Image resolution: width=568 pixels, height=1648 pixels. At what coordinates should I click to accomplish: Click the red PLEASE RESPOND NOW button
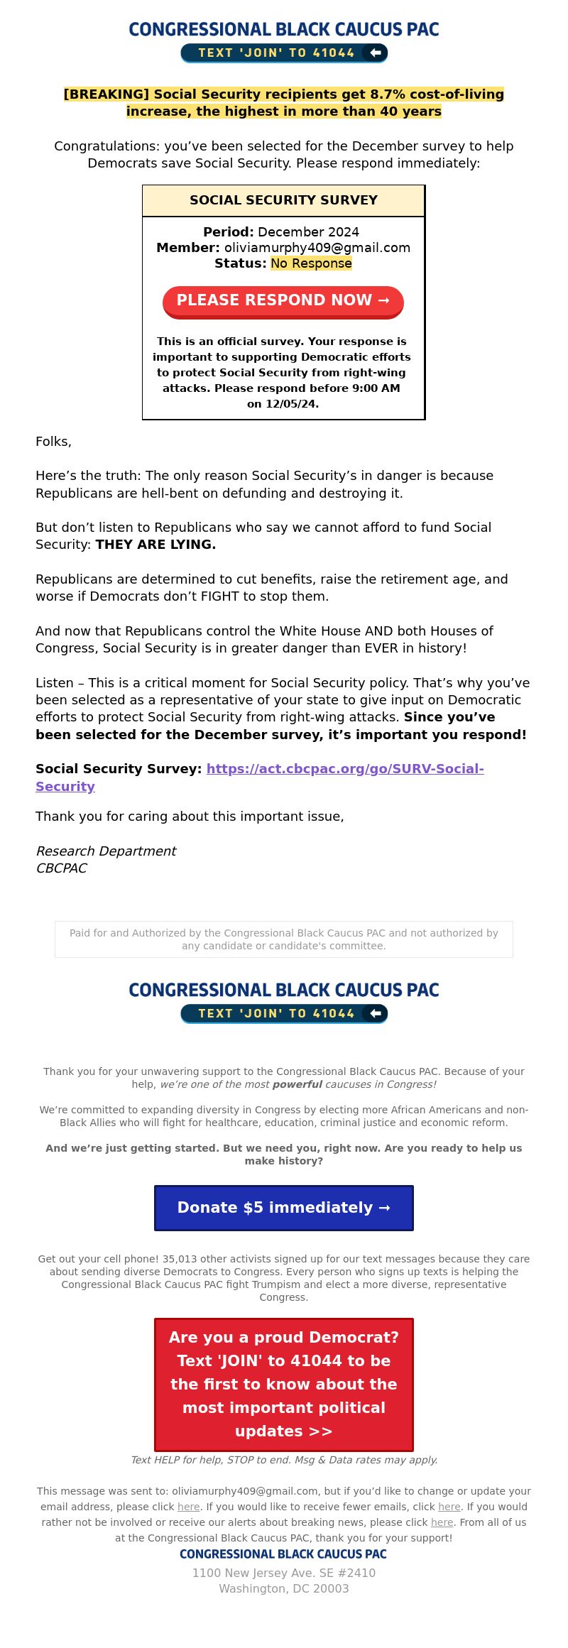283,301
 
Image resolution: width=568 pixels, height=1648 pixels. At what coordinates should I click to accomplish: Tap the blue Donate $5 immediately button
284,1208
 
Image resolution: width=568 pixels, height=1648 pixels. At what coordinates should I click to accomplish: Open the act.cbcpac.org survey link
344,769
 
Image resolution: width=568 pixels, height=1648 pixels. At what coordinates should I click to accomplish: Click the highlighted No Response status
311,263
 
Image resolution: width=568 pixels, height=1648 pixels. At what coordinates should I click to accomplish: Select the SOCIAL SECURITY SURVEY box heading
283,200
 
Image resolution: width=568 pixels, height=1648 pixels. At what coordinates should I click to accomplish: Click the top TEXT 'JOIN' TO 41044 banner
284,53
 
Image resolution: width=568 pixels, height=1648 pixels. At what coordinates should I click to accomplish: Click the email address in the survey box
317,248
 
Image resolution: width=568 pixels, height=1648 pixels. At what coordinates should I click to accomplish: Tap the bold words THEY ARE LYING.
155,545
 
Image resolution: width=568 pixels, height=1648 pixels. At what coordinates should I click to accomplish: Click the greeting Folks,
54,442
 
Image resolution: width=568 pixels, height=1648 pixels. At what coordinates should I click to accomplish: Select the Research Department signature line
106,851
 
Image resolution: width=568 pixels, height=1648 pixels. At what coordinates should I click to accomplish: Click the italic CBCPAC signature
61,868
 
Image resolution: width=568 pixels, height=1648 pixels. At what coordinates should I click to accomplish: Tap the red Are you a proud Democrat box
284,1385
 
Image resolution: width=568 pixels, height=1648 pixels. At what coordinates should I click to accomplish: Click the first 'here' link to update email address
188,1507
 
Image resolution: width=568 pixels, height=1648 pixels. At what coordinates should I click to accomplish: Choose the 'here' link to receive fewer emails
449,1507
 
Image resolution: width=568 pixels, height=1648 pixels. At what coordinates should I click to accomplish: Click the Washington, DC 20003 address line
284,1588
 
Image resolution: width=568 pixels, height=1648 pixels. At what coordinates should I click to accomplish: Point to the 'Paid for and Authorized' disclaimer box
284,939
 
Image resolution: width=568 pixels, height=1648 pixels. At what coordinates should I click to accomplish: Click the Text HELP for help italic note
284,1460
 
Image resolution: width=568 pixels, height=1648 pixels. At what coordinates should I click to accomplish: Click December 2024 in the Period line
308,232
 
